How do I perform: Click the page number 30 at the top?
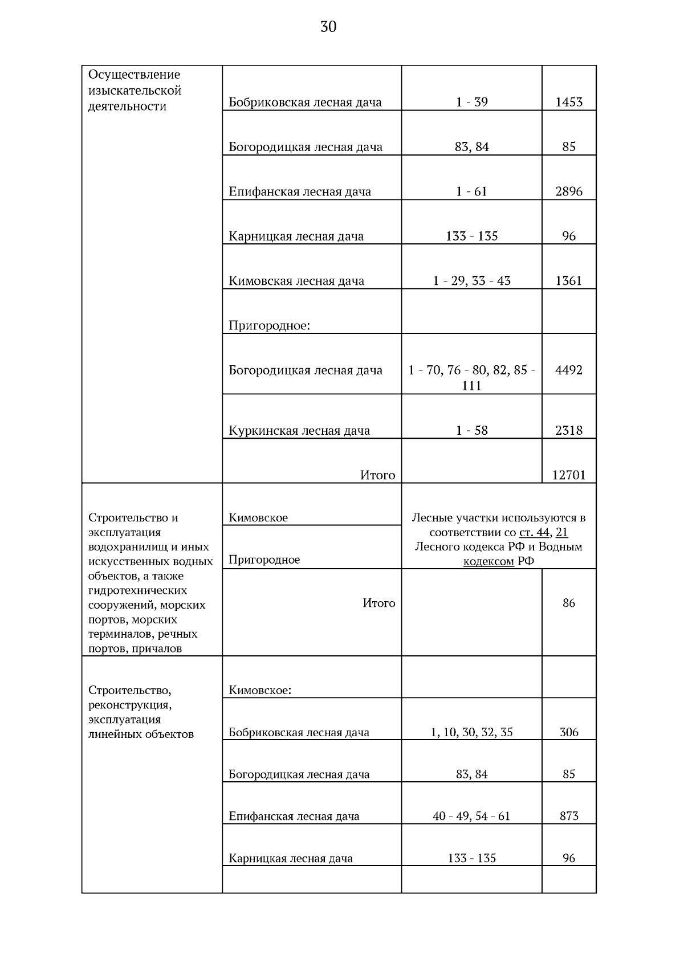click(328, 27)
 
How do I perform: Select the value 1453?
click(569, 103)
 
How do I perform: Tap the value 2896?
click(569, 191)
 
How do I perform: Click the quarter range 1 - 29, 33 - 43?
click(471, 281)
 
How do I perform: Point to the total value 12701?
click(569, 475)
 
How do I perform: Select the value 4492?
click(569, 370)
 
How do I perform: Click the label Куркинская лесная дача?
click(299, 431)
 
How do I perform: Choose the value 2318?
click(569, 431)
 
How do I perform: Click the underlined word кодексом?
click(488, 561)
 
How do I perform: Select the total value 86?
click(569, 603)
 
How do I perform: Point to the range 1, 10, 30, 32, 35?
click(471, 733)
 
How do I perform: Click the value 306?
click(569, 733)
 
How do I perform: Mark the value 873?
click(569, 817)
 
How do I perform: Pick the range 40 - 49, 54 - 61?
click(471, 817)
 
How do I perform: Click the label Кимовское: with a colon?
click(260, 691)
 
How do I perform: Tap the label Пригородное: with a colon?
click(269, 326)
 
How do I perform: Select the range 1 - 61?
click(471, 191)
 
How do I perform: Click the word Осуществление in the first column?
click(135, 75)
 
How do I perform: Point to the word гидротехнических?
click(137, 590)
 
